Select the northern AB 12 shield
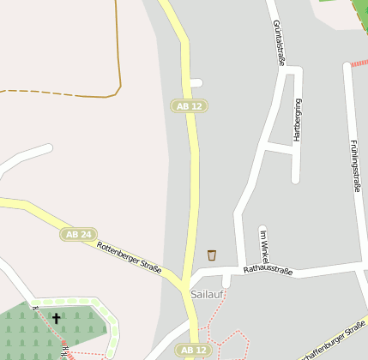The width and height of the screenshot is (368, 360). click(190, 105)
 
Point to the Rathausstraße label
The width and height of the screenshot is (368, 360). click(268, 271)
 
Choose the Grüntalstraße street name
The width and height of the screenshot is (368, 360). click(278, 43)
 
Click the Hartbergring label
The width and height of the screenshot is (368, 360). click(298, 119)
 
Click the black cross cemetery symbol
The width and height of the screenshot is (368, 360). click(57, 318)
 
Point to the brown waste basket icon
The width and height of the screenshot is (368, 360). click(212, 255)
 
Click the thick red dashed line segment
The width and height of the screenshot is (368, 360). click(359, 63)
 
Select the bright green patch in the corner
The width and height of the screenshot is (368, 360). click(335, 3)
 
